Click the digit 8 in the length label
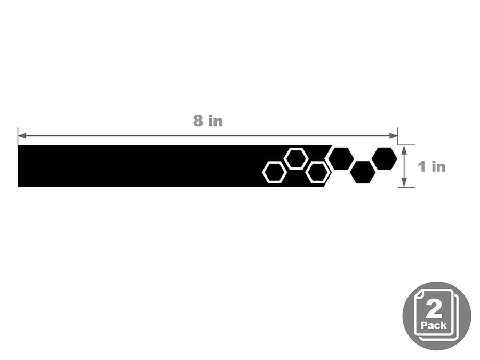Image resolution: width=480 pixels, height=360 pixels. [x=198, y=121]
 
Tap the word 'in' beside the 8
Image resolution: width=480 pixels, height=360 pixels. [x=215, y=121]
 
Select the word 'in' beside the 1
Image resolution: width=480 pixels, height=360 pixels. [x=439, y=166]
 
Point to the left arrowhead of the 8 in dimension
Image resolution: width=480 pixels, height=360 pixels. [x=22, y=135]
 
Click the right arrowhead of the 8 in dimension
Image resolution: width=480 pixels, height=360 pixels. [x=394, y=135]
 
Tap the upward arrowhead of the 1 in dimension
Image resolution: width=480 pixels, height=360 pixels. [x=404, y=150]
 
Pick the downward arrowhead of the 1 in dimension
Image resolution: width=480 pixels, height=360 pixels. [x=404, y=182]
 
